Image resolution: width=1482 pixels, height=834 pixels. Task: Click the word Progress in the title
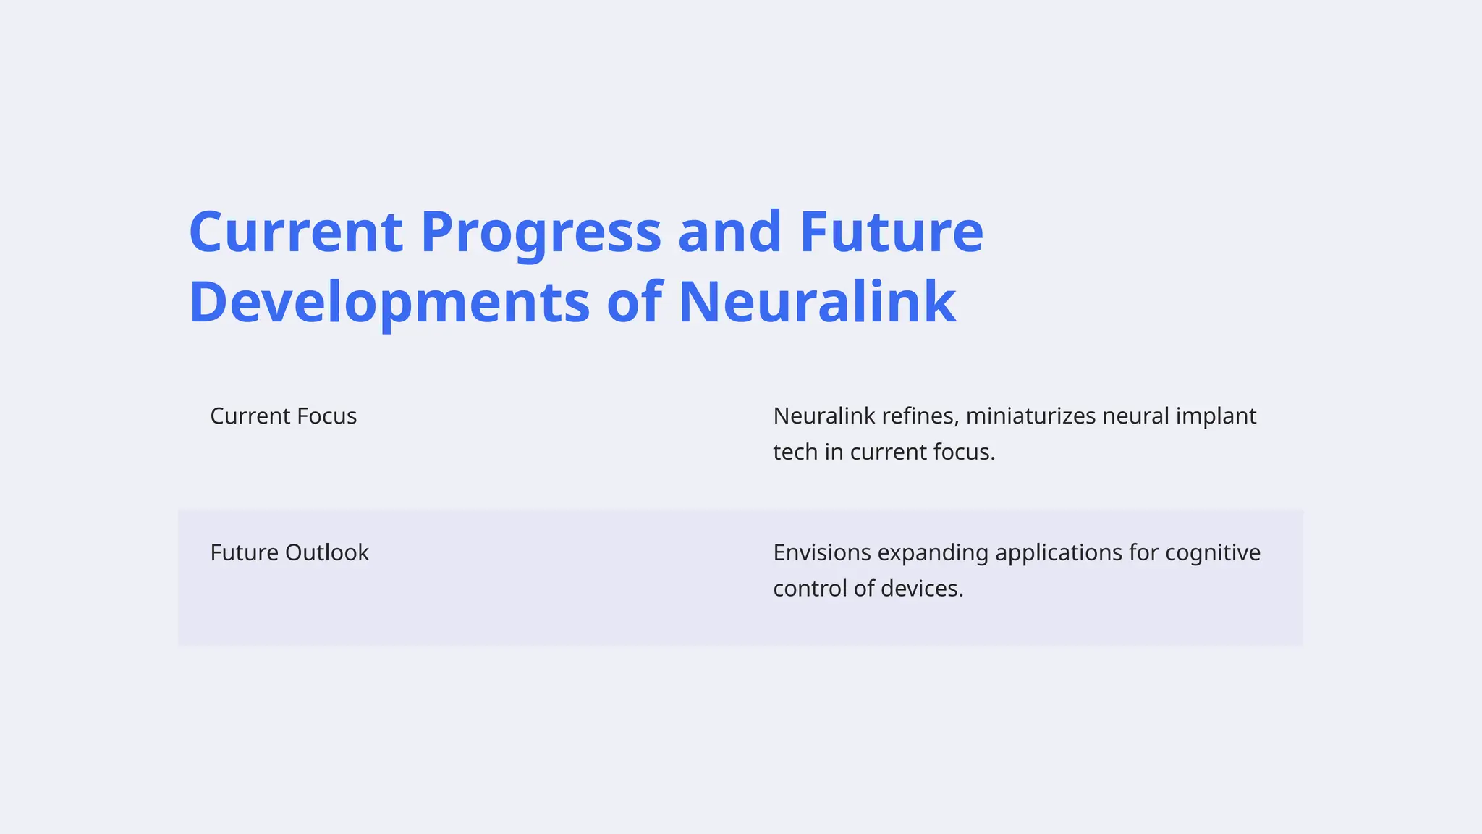(x=541, y=233)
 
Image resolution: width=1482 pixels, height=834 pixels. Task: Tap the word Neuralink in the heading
(x=817, y=303)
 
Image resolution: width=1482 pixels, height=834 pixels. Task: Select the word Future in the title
(x=891, y=233)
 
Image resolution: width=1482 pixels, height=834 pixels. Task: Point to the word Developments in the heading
(x=389, y=303)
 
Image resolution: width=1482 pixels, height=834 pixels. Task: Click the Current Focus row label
(x=283, y=416)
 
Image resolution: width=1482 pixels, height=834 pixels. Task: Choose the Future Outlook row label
(x=289, y=553)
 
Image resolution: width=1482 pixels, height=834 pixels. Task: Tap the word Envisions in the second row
(x=822, y=553)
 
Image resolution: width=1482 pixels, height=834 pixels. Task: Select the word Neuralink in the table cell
(x=823, y=416)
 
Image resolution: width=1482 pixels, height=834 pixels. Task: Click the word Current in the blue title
(x=295, y=233)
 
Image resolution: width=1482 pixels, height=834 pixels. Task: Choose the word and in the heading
(x=729, y=233)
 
